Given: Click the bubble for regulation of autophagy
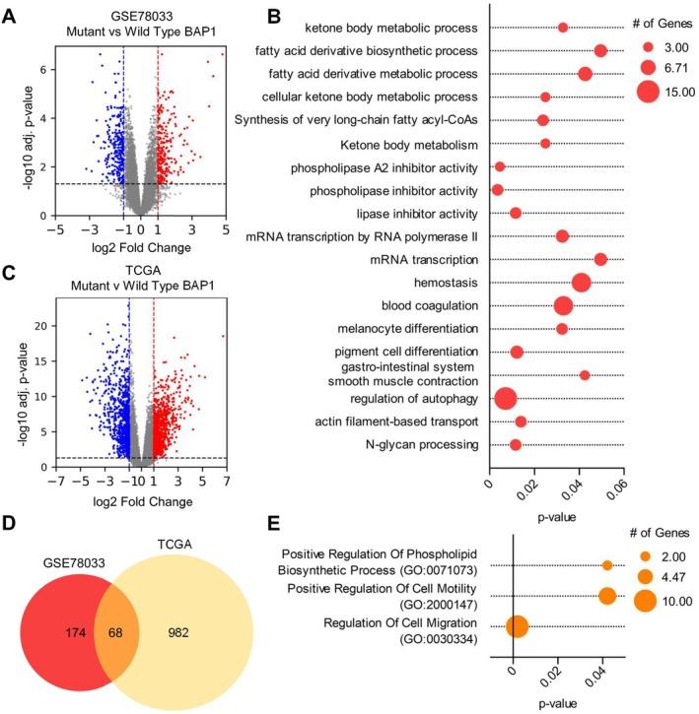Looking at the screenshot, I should pyautogui.click(x=505, y=399).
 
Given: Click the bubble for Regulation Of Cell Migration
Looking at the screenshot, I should pyautogui.click(x=517, y=626).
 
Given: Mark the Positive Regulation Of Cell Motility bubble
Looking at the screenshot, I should pyautogui.click(x=606, y=596).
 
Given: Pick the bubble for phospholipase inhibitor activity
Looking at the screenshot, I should pyautogui.click(x=497, y=189).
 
